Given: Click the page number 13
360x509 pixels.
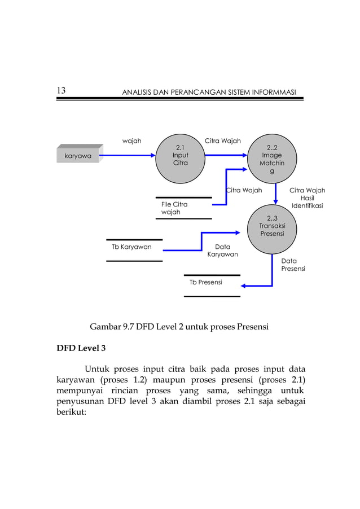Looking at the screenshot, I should point(62,91).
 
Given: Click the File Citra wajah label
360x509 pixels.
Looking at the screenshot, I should point(174,208).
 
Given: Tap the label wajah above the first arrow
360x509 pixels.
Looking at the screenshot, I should point(132,141).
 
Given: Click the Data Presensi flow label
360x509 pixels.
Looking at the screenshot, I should point(293,265).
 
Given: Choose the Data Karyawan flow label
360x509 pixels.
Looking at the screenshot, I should point(222,251).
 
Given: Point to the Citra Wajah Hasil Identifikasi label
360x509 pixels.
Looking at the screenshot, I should point(307,198).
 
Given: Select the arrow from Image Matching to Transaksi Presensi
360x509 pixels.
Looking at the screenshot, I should point(275,195).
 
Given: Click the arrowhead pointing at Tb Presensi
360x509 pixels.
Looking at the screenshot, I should point(245,286).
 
